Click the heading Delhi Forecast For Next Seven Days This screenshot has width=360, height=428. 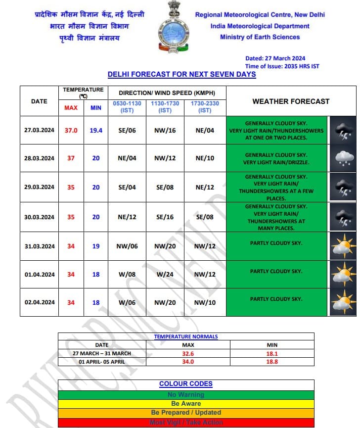point(181,75)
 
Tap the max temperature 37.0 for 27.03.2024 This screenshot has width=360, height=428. point(71,131)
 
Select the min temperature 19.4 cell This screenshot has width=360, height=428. point(96,131)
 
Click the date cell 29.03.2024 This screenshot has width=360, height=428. point(39,187)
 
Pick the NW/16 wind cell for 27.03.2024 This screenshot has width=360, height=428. point(165,131)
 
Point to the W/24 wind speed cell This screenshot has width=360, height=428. point(165,275)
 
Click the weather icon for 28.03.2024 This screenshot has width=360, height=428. point(343,158)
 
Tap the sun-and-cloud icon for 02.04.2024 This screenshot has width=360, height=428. point(343,302)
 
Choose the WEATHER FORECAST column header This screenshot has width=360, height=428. point(291,101)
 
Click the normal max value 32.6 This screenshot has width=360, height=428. point(188,353)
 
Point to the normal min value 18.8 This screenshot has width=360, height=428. point(272,362)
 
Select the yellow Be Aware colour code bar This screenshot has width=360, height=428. point(186,404)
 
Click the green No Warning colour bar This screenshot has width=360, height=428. point(186,395)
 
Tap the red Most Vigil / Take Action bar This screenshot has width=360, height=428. point(186,423)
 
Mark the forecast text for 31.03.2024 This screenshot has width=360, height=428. point(276,243)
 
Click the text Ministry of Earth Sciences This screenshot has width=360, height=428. point(260,37)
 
